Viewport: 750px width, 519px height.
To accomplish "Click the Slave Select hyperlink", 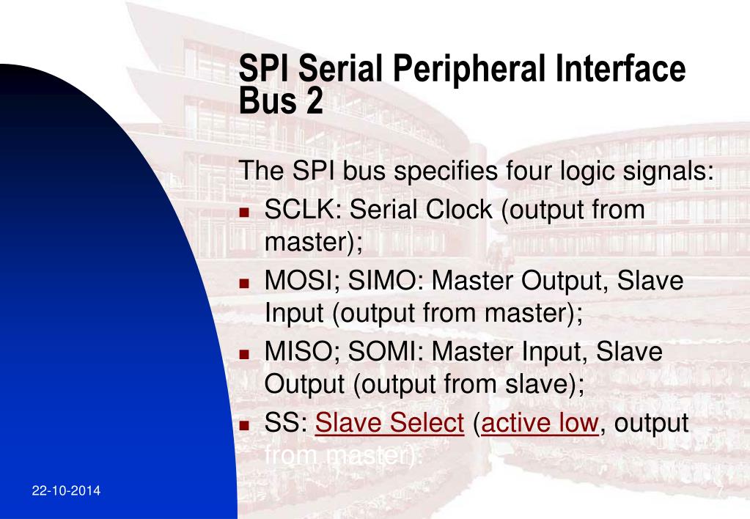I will (390, 423).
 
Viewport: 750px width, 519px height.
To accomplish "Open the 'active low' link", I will (540, 423).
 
